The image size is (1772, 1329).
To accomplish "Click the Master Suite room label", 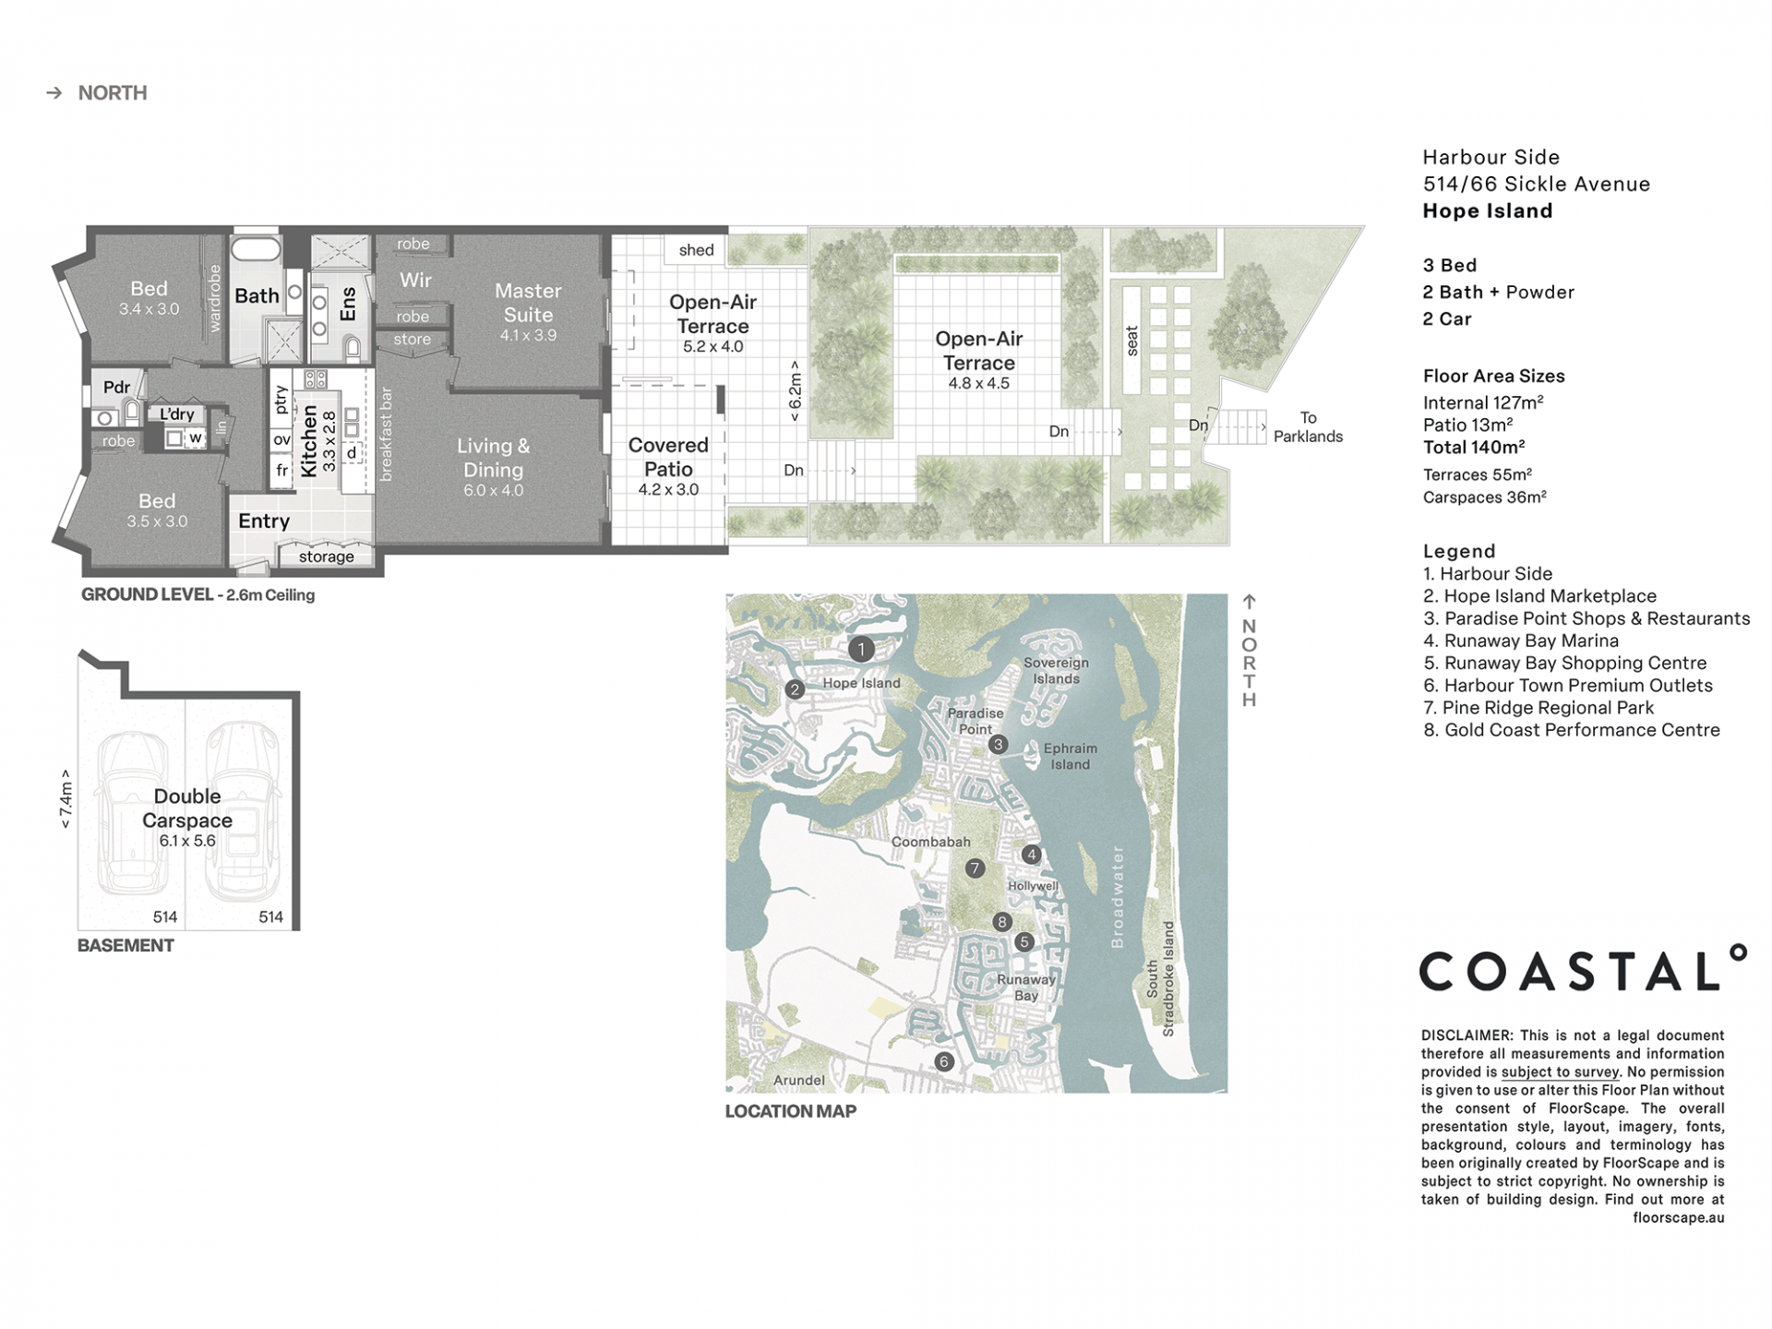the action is coord(528,303).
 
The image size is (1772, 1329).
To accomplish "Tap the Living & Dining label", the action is coord(493,458).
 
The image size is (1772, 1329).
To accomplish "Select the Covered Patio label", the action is coord(668,457).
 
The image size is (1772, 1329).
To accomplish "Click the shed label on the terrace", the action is coord(696,250).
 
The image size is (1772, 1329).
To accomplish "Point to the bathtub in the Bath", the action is coord(255,250).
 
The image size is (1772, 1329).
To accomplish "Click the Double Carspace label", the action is coord(187,808).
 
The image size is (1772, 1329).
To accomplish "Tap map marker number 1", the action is coord(861,650).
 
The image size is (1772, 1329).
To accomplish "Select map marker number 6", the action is coord(943,1061).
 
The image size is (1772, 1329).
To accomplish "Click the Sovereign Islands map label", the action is coord(1056,671).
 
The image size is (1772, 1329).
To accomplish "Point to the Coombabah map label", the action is coord(930,842).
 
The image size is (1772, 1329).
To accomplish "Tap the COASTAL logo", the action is coord(1582,968).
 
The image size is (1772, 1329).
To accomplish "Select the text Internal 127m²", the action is coord(1483,402).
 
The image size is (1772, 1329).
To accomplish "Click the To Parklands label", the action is coord(1308,427).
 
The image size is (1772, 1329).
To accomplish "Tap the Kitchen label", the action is coord(308,441).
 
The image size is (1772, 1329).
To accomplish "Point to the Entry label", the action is coord(264,521).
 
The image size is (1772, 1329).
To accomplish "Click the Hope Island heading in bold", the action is coord(1488,210).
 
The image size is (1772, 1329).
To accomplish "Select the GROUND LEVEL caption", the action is coord(148,594).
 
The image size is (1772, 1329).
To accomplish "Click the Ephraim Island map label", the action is coord(1070,756).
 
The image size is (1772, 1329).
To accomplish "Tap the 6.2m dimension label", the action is coord(795,391).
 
